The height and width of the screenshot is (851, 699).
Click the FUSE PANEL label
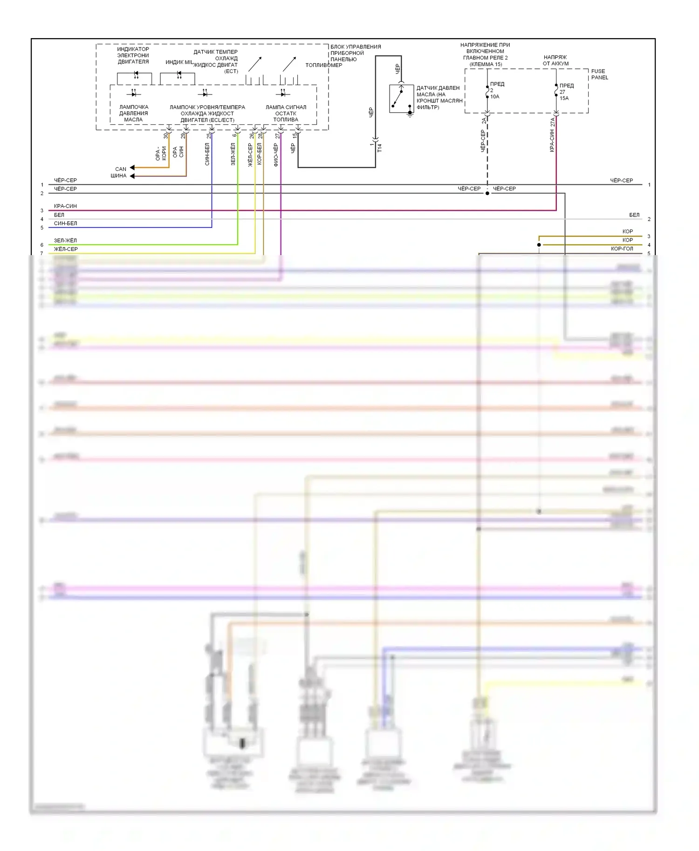[599, 74]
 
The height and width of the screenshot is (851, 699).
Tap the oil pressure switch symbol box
[401, 98]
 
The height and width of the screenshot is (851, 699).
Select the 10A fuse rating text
[494, 97]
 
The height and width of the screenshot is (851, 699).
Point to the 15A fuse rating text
[564, 98]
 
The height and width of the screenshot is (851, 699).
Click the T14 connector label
[379, 148]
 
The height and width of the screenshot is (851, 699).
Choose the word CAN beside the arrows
[121, 169]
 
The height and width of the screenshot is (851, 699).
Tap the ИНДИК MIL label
[179, 62]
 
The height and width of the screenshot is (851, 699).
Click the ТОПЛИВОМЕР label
[323, 65]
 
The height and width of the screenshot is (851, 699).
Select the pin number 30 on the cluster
[165, 136]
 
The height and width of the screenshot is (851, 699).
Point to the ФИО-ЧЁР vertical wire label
[276, 155]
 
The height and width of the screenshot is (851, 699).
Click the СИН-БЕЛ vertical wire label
[207, 154]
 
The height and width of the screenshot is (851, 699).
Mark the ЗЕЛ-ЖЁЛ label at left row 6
[65, 241]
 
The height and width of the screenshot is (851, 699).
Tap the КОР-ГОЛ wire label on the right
[622, 249]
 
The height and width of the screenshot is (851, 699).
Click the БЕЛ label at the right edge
[634, 215]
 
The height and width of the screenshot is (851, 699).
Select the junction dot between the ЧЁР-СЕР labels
[487, 193]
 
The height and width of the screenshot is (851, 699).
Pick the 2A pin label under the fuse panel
[484, 121]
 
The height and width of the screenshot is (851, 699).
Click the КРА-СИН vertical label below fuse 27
[552, 141]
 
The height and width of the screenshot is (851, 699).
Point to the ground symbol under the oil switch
[410, 115]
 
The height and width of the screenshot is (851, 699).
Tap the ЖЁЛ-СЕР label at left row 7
[66, 249]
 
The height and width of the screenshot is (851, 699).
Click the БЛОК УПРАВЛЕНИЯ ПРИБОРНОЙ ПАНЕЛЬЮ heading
[355, 53]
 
